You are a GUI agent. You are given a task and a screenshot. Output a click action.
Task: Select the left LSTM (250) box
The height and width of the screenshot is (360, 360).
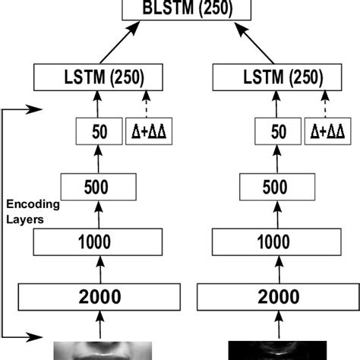click(99, 77)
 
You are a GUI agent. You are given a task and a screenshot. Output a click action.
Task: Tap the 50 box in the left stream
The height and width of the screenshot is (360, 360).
click(98, 131)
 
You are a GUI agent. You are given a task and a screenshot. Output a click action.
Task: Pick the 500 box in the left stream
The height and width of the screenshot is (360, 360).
click(99, 187)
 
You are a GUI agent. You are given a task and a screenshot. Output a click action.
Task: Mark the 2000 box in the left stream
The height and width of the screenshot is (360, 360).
click(99, 296)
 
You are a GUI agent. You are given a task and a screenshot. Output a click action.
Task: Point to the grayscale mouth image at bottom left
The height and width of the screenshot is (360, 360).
click(99, 350)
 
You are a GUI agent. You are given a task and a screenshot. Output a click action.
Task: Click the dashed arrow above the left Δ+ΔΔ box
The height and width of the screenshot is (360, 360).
click(144, 104)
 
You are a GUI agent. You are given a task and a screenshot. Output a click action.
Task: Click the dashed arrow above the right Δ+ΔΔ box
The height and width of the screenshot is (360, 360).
click(324, 104)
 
